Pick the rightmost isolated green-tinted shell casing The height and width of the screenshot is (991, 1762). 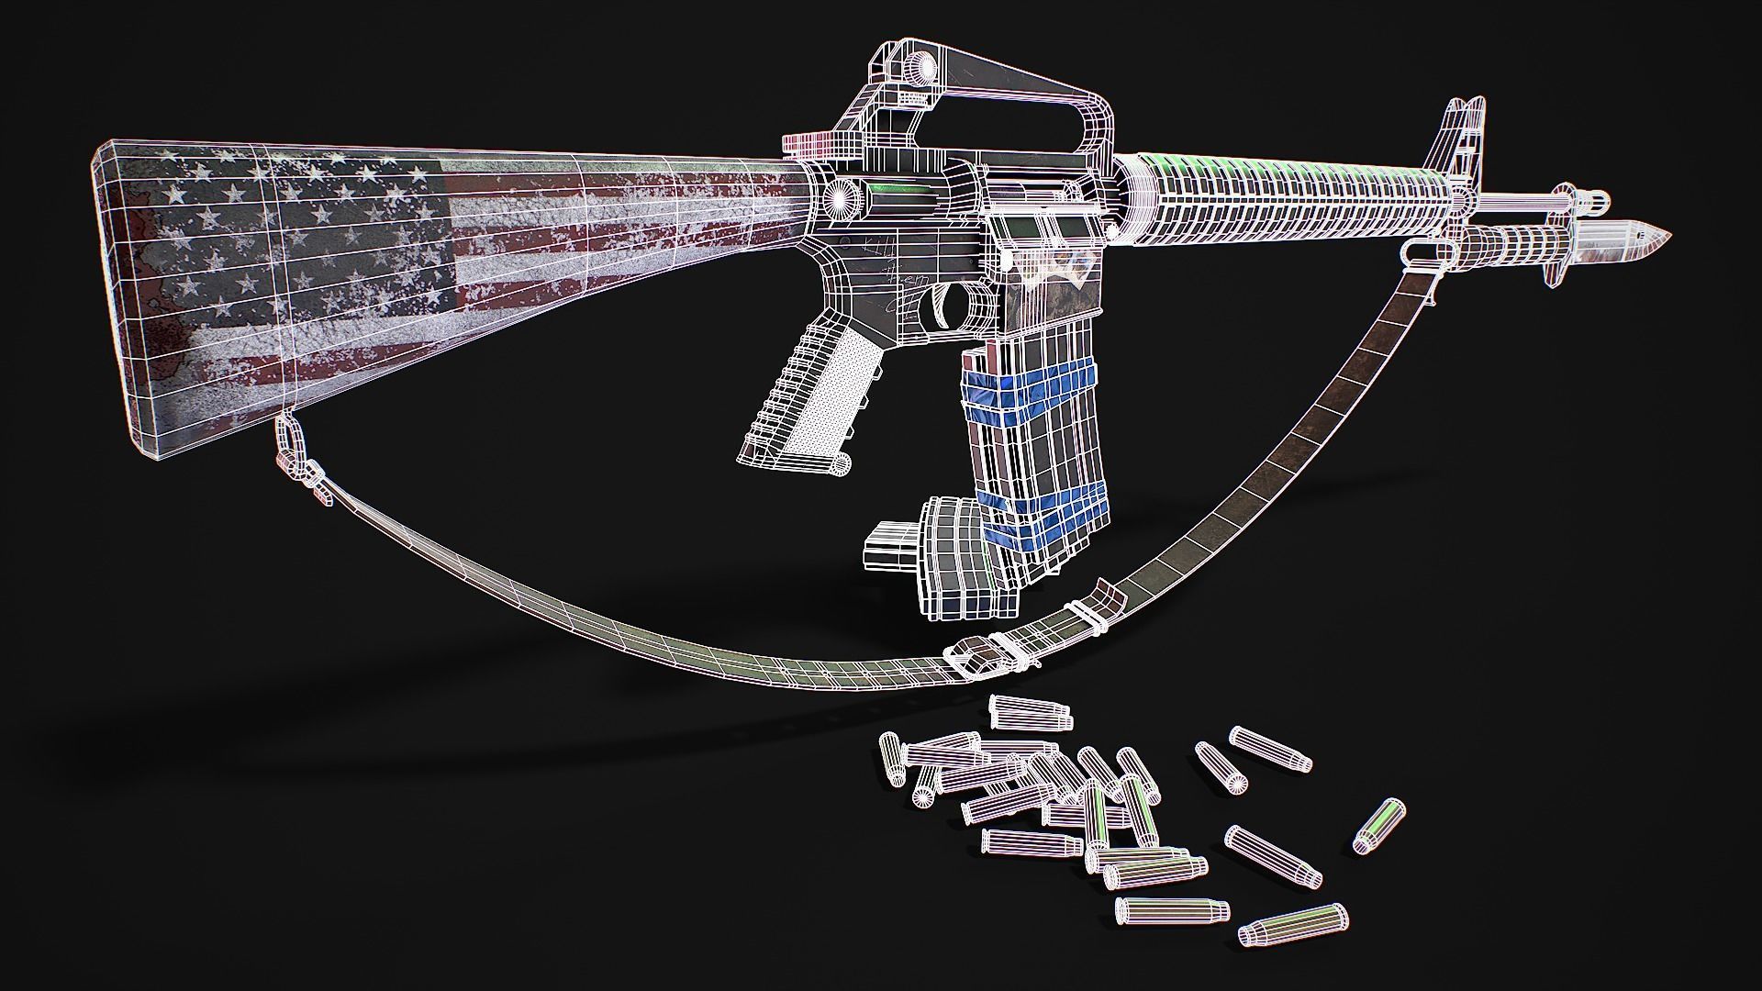pyautogui.click(x=1380, y=824)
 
